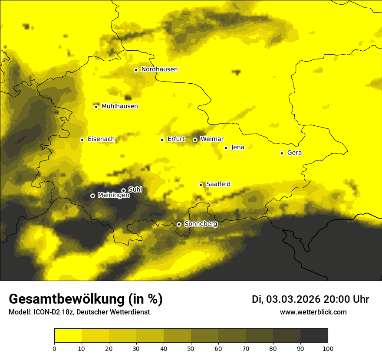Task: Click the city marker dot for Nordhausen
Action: [x=136, y=70]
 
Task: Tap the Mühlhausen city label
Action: [x=119, y=106]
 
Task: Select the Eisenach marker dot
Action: [x=82, y=140]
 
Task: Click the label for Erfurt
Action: [x=176, y=139]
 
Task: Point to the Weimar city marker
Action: [x=195, y=140]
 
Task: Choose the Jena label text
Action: [x=237, y=147]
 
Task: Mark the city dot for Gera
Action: [x=282, y=153]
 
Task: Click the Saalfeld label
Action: [x=218, y=184]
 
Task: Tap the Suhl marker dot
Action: [x=123, y=190]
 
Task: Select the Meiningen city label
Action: [x=113, y=196]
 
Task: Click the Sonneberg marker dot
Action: [x=179, y=224]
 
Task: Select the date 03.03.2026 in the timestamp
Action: [x=293, y=299]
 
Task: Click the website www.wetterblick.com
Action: [x=313, y=312]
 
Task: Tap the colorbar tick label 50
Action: [x=191, y=348]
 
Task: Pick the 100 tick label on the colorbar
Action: [x=328, y=348]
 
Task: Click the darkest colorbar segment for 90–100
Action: [x=314, y=336]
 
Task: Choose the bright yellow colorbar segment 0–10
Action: [x=68, y=336]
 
